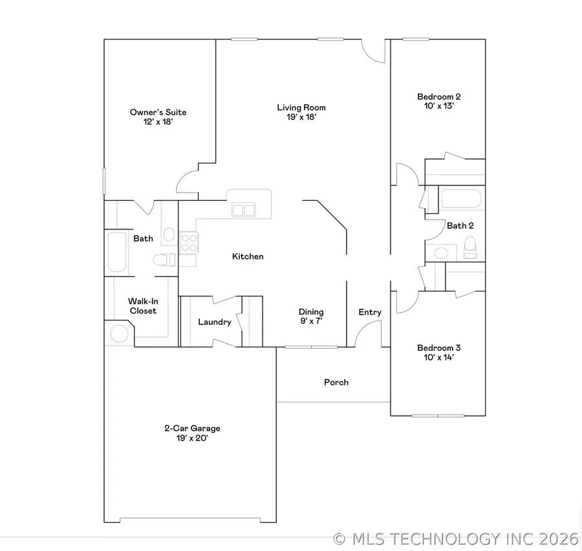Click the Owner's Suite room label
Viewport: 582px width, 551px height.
(x=158, y=112)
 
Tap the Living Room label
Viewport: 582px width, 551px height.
(x=301, y=108)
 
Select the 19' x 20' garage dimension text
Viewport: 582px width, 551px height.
(x=191, y=438)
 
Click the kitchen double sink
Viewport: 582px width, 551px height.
(x=243, y=209)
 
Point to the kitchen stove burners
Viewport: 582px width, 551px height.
(x=189, y=242)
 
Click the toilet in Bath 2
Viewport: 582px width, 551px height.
(x=470, y=246)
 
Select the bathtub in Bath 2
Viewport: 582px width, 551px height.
(x=460, y=198)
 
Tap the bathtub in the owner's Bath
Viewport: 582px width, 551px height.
(x=117, y=252)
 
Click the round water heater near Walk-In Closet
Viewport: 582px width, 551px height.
(x=120, y=334)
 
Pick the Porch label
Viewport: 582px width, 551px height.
(x=336, y=382)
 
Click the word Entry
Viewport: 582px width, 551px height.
(x=370, y=312)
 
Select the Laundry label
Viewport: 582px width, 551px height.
(x=215, y=322)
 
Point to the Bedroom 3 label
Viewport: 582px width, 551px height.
(x=439, y=348)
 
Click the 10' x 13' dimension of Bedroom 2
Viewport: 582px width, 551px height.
(x=439, y=107)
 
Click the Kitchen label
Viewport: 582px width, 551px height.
(x=248, y=256)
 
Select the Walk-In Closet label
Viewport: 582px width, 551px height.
(x=142, y=306)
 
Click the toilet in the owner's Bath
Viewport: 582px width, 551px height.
(x=164, y=260)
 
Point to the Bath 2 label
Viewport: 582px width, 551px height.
(x=460, y=225)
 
